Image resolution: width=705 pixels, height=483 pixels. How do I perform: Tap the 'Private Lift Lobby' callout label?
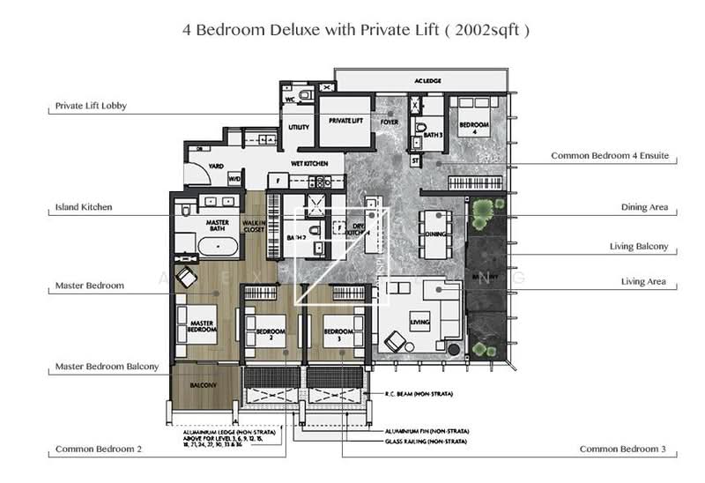[91, 106]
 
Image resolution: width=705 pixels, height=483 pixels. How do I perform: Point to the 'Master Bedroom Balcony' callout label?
[107, 366]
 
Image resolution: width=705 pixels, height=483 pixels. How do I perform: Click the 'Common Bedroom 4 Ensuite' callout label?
[609, 155]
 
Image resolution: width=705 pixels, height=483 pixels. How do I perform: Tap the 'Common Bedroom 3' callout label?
[623, 449]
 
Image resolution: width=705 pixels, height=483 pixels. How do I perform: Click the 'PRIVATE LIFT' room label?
[341, 121]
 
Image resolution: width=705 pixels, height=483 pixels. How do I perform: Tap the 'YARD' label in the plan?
[215, 166]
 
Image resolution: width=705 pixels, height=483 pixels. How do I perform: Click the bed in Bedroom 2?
[263, 336]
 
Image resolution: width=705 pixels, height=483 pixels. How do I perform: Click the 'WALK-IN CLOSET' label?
[254, 227]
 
